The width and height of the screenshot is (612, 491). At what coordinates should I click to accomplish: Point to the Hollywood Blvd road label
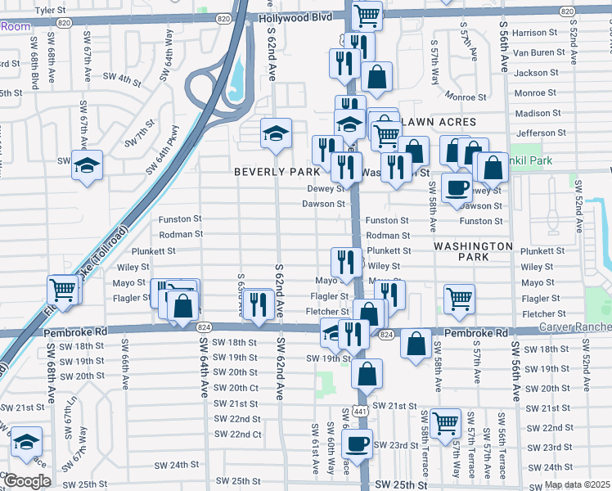296,17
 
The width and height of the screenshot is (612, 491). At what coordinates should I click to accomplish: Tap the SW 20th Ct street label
236,388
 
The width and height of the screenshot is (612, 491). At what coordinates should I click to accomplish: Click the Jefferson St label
536,133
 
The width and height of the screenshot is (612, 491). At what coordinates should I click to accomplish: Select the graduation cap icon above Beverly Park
277,133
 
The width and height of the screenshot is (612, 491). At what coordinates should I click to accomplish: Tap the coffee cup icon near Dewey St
457,187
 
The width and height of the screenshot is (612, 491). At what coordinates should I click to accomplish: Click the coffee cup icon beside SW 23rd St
356,444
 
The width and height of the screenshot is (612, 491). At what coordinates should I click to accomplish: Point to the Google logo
26,481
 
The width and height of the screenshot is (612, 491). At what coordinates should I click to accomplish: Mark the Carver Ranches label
574,327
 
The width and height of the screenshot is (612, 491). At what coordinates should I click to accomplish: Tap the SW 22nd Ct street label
237,434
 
